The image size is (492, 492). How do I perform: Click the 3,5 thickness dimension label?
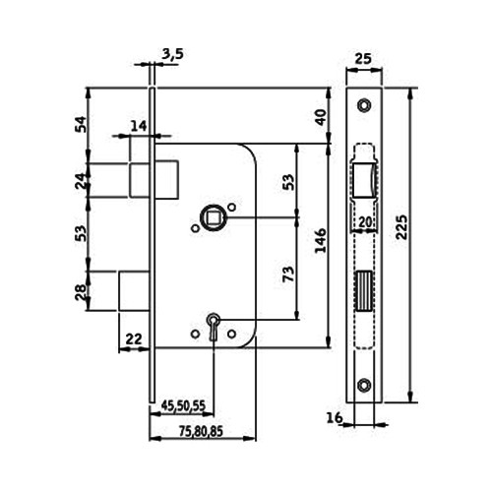coord(172,54)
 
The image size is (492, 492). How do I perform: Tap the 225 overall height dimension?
coord(401,227)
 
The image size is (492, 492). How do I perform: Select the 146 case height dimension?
coord(320,240)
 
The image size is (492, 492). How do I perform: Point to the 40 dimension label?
coord(321,117)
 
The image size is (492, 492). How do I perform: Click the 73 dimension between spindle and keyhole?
coord(288,274)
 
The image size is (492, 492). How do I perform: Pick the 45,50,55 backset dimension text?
coord(183,405)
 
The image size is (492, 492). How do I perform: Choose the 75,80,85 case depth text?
coord(201,431)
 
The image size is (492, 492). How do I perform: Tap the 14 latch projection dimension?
coord(139,126)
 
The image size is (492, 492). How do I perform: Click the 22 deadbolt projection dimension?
coord(134,339)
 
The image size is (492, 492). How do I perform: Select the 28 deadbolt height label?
coord(81,292)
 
